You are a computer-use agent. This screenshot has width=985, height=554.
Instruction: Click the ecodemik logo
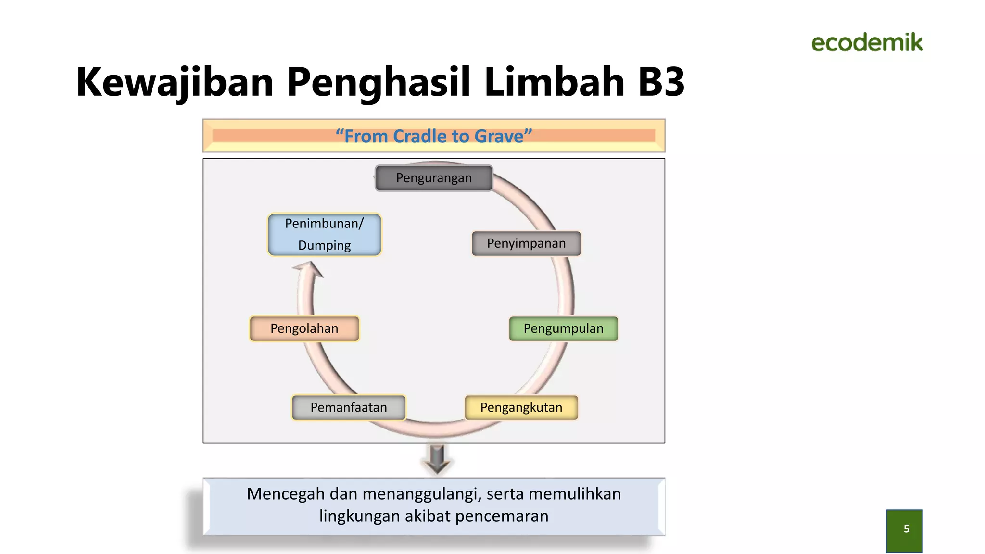point(867,43)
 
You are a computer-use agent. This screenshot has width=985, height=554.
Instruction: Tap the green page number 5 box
point(904,530)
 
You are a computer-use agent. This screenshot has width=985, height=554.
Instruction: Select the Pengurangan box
point(434,178)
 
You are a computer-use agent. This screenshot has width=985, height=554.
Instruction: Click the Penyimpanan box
point(526,243)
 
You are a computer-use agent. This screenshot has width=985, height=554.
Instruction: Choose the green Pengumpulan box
point(563,328)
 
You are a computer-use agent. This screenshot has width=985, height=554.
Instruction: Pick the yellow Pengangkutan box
point(521,407)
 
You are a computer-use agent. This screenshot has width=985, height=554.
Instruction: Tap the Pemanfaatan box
point(349,407)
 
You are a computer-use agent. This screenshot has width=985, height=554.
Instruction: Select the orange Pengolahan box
point(304,328)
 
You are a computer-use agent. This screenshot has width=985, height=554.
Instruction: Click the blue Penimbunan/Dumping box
point(325,234)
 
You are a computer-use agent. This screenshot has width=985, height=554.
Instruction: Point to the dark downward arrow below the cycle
point(437,459)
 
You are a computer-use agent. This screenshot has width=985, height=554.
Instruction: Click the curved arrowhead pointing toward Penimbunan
point(309,269)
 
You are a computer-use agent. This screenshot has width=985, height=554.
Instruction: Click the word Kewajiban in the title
point(175,82)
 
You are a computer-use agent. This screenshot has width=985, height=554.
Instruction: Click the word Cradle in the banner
point(420,136)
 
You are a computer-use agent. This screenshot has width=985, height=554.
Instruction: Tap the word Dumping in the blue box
point(325,245)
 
